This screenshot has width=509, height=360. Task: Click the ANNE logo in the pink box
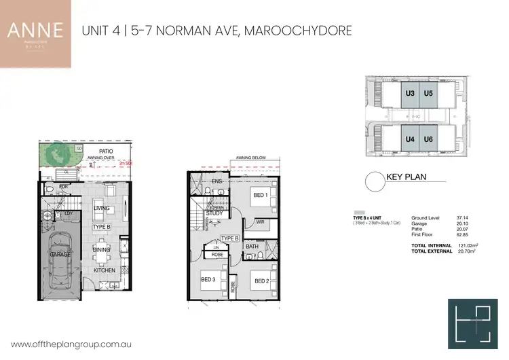coord(35,31)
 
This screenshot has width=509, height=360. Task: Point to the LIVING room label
coord(102,209)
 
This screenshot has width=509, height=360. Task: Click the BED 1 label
coord(261,196)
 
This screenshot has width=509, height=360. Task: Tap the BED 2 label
coord(261,281)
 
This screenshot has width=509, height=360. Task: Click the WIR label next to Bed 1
coord(259,221)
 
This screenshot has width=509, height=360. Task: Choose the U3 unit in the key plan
coord(410,93)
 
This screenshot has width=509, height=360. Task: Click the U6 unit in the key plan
coord(428,139)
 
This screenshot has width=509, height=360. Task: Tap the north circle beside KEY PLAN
coord(374,181)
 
